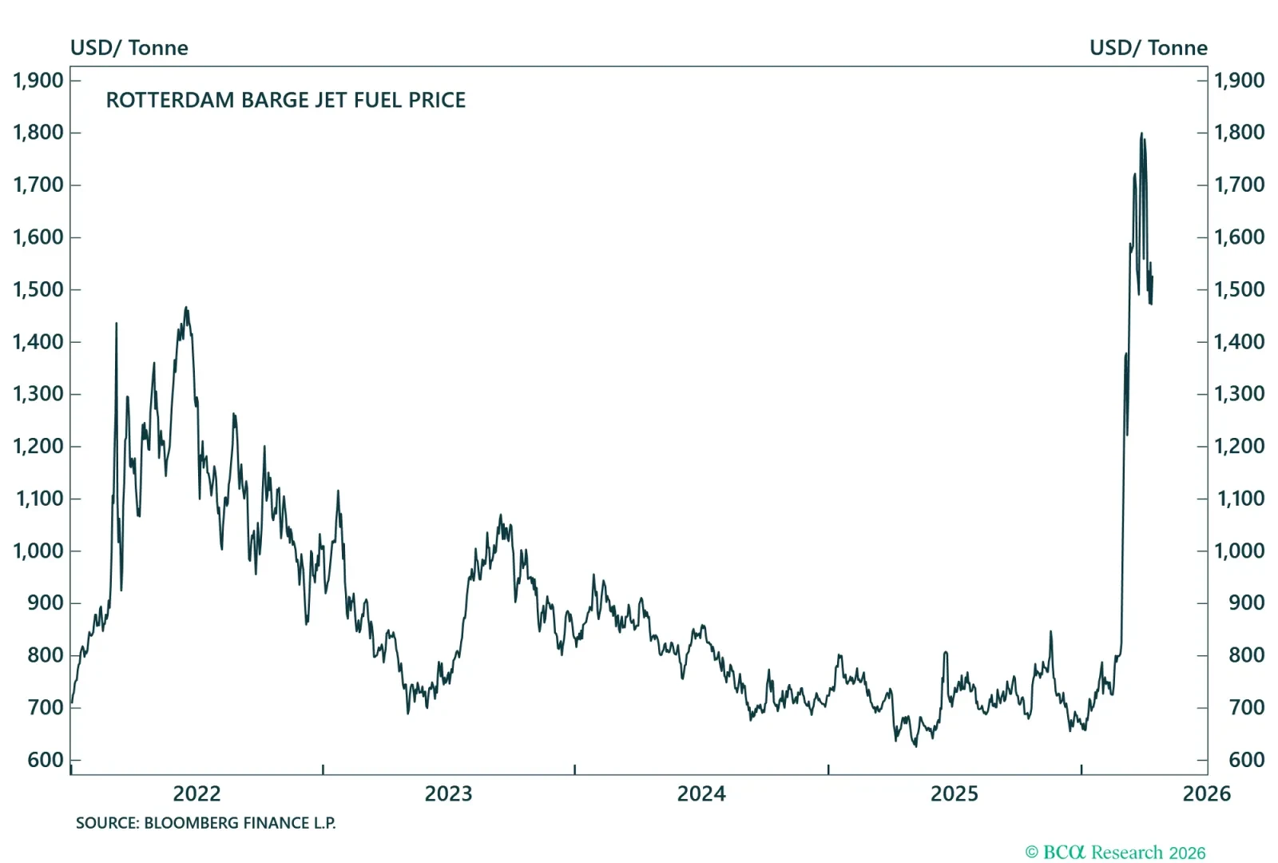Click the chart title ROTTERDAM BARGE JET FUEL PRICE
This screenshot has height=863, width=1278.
pos(285,100)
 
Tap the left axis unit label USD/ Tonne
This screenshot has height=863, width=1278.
pos(129,48)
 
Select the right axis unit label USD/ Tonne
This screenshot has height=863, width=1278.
pos(1148,48)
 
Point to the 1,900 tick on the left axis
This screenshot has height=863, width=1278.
pos(38,80)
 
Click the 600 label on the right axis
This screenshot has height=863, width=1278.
pos(1246,760)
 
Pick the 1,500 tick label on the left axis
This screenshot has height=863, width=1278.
pos(38,289)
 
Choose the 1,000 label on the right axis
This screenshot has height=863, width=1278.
pos(1239,551)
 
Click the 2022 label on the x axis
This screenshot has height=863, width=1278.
pos(196,793)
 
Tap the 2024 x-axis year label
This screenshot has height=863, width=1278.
pos(701,793)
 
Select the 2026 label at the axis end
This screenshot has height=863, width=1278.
pos(1206,793)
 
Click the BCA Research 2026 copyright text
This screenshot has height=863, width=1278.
pos(1115,853)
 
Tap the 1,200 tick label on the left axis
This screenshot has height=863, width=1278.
pos(38,446)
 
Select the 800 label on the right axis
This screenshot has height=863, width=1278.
pos(1246,655)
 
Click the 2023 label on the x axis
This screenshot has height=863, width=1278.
pos(448,793)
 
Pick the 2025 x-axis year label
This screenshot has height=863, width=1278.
pos(954,793)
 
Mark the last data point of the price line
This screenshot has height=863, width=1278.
pos(1152,277)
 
